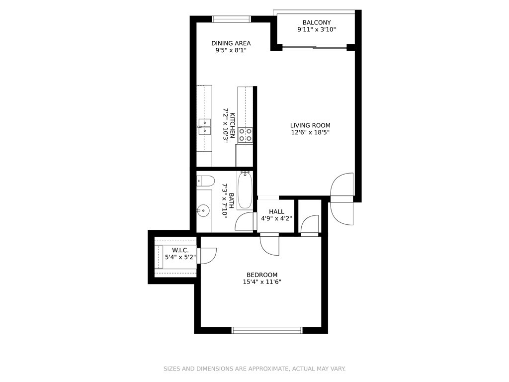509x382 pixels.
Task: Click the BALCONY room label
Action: coord(317,22)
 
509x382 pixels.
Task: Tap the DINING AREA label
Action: coord(231,43)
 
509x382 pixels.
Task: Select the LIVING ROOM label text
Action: coord(310,125)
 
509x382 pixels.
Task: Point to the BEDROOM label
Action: coord(262,275)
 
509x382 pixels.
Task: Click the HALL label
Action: coord(276,212)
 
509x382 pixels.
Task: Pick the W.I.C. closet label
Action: coord(180,250)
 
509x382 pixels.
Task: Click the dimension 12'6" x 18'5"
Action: coord(310,132)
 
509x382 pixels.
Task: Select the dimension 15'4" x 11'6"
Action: coord(262,282)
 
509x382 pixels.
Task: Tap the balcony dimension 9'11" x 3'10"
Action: coord(317,29)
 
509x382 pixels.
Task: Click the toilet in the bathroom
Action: coord(205,181)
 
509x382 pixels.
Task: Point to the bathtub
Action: coord(245,191)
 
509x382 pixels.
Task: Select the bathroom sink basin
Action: coord(203,210)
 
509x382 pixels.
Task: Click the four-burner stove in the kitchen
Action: coord(245,135)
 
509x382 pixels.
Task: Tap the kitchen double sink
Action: coord(205,127)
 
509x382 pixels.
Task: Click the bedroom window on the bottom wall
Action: coord(267,330)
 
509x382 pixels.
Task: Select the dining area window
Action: coord(232,19)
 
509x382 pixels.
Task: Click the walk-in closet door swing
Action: coord(207,256)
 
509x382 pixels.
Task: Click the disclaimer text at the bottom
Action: coord(254,369)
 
